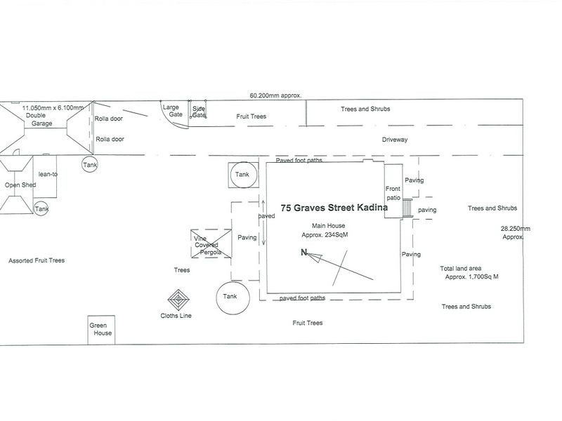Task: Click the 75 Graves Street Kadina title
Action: pos(330,208)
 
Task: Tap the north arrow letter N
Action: pos(303,253)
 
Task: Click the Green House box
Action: pos(100,330)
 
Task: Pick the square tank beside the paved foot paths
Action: pos(242,175)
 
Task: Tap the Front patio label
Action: pos(393,193)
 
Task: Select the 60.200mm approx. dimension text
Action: pos(275,95)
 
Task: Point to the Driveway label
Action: pos(395,140)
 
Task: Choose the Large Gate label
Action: pos(171,112)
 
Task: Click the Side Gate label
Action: pos(199,112)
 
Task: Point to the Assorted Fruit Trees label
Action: pos(37,260)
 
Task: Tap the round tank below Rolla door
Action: pos(90,165)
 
